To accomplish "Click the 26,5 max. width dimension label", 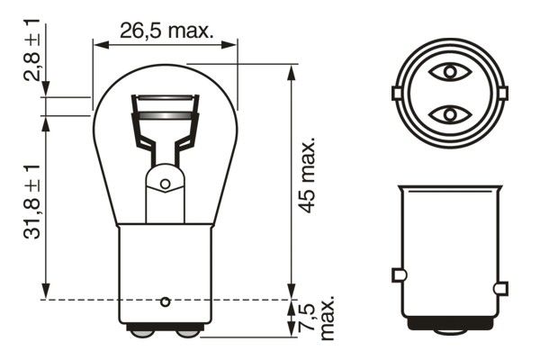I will tap(166, 31).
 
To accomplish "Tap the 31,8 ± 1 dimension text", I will tap(33, 200).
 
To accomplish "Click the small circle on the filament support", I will tap(165, 184).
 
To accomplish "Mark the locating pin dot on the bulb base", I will tap(165, 300).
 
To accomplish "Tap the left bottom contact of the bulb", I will tap(142, 331).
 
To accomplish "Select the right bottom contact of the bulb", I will tap(187, 331).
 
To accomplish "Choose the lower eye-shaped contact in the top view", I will tap(448, 114).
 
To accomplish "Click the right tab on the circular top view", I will tap(502, 93).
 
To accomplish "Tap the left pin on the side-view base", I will tap(398, 274).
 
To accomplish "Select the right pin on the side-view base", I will tap(501, 288).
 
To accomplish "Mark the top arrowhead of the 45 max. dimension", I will tap(291, 70).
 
